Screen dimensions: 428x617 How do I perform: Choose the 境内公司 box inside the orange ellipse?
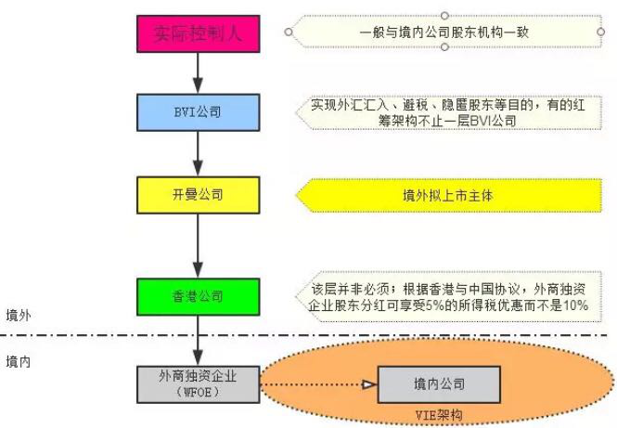pos(439,383)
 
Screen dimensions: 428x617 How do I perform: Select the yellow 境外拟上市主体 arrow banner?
pos(445,196)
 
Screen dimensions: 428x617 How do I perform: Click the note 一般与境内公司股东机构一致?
pos(445,32)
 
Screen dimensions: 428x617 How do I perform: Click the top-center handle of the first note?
pos(445,14)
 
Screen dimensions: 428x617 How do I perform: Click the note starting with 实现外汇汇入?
pos(445,112)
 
